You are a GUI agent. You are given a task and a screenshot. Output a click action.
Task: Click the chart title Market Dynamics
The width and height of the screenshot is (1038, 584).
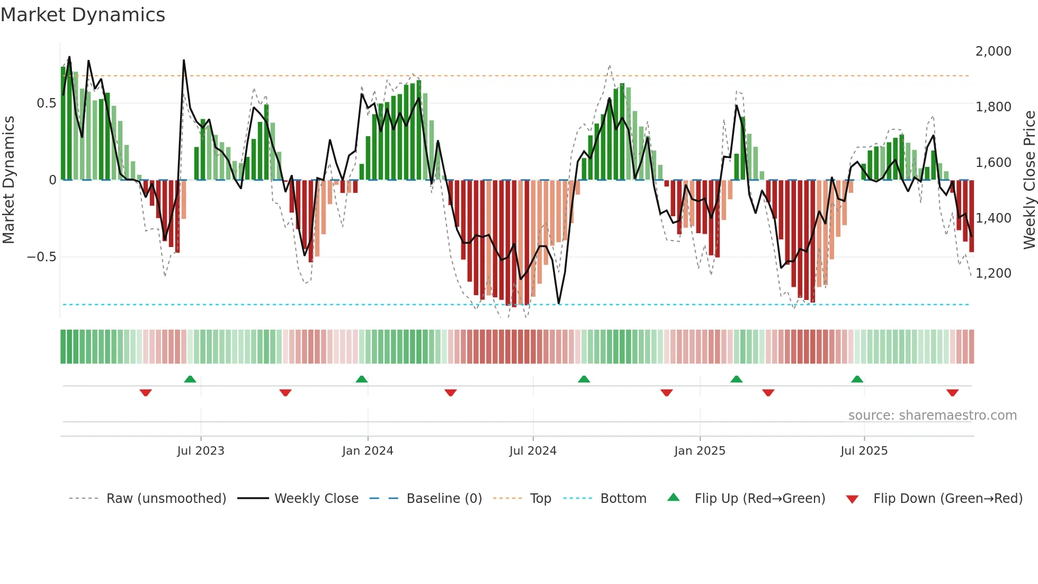click(x=83, y=15)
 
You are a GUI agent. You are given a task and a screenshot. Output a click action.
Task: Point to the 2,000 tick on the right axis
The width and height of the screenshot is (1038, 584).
click(x=993, y=51)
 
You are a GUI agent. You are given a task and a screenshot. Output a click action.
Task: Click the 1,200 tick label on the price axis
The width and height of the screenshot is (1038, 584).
click(x=993, y=273)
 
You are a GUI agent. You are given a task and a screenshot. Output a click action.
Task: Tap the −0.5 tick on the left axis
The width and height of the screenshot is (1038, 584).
click(x=41, y=257)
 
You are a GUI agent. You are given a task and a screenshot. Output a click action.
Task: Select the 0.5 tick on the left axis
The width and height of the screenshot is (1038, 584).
click(x=46, y=103)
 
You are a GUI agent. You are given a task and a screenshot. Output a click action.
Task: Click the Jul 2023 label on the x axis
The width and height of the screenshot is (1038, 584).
click(x=201, y=451)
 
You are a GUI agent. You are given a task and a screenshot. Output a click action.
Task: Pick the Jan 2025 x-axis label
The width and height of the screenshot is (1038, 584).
click(x=700, y=451)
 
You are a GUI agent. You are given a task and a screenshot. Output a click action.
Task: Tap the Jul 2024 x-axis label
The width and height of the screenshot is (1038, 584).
click(x=533, y=451)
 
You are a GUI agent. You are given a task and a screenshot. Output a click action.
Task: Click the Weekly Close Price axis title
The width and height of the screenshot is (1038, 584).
click(x=1029, y=180)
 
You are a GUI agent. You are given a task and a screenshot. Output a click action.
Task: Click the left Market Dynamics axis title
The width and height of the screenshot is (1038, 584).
click(x=8, y=180)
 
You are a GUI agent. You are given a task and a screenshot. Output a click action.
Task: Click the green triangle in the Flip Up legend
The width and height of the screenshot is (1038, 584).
click(x=673, y=497)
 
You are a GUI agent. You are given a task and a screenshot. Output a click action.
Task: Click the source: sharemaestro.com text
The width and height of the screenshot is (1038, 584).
click(x=932, y=415)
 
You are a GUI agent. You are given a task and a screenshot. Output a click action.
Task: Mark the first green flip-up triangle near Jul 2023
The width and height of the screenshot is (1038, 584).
click(x=190, y=379)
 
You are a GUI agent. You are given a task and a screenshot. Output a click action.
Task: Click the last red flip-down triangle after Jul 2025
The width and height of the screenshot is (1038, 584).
click(x=952, y=393)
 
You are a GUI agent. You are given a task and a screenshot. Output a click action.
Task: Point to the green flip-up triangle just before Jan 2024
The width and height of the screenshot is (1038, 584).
click(x=362, y=379)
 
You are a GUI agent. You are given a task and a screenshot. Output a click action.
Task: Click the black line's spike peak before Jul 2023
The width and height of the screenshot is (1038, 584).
click(x=184, y=60)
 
